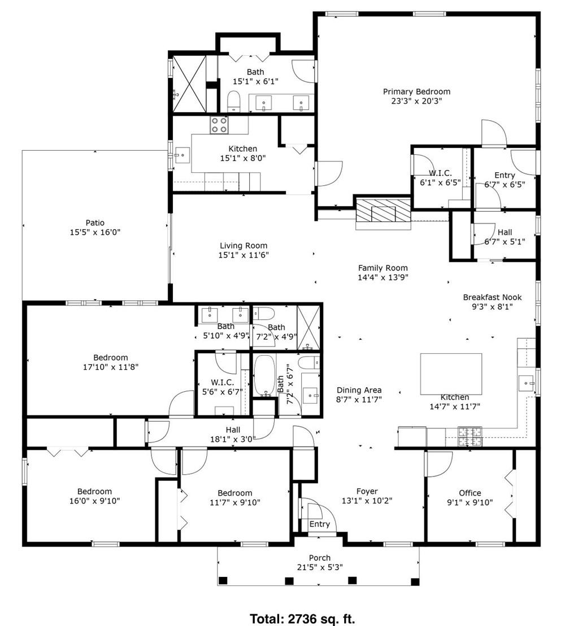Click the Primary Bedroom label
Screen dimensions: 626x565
click(416, 91)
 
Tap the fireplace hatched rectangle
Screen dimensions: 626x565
click(383, 212)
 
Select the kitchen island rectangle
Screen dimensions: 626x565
click(451, 373)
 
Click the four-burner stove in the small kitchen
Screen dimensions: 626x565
click(219, 125)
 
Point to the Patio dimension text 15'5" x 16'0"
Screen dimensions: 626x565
click(95, 232)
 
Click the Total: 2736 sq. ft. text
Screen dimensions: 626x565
click(302, 619)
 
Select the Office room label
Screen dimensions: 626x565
click(470, 493)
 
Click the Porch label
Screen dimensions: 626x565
click(319, 558)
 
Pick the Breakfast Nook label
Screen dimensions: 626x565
click(492, 297)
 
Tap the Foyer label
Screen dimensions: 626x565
click(367, 491)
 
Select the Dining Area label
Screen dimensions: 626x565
click(359, 390)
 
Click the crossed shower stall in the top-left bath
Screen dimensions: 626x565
click(188, 84)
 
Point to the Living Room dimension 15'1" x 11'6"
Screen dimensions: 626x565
click(244, 255)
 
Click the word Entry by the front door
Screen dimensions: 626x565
click(319, 524)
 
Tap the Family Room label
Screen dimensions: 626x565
click(383, 268)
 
